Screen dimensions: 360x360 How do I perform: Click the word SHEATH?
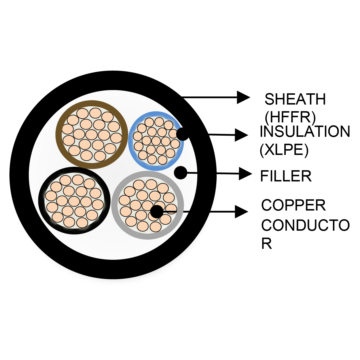tap(295, 99)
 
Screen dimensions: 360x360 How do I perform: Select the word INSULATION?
tap(305, 131)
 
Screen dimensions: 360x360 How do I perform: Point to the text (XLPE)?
tap(284, 149)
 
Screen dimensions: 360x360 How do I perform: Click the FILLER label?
tap(286, 176)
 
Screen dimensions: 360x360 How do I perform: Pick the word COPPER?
tap(293, 205)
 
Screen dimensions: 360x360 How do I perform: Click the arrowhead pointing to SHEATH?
tap(243, 97)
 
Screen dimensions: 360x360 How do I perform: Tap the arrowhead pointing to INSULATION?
tap(241, 135)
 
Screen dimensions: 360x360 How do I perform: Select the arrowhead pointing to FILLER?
tap(245, 174)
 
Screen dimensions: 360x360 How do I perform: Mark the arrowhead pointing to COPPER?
tap(241, 212)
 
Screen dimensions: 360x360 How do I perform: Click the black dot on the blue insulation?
tap(183, 134)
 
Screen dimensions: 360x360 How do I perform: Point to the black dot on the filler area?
tap(181, 173)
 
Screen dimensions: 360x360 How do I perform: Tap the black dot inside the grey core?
tap(157, 212)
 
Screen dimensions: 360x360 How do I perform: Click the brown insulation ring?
tap(59, 134)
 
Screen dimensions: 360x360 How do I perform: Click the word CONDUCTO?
tap(305, 225)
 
